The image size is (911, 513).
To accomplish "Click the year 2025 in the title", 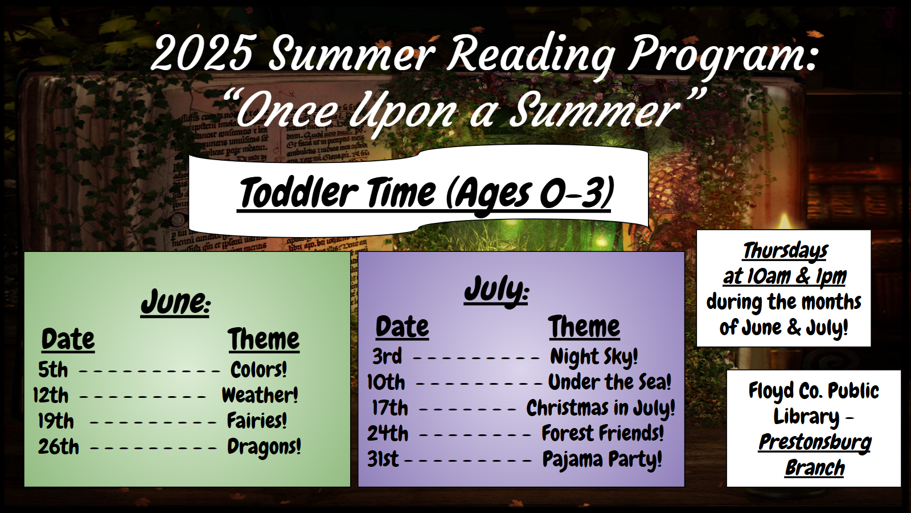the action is tap(201, 54).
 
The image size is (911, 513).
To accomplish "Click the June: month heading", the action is tap(175, 302).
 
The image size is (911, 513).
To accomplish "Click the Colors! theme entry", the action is tap(258, 370).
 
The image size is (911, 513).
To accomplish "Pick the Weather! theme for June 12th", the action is tap(260, 395).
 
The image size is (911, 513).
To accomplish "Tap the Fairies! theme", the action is tap(257, 421).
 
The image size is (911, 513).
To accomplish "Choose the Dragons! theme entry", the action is tap(264, 447).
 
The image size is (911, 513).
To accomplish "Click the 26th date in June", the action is tap(58, 447).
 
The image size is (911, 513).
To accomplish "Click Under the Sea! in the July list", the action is tap(610, 382).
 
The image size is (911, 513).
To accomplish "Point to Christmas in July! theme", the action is tap(601, 408).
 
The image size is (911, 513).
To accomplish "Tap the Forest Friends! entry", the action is tap(603, 433).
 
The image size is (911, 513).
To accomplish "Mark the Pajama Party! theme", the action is tap(602, 459).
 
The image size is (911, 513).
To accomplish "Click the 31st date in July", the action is tap(383, 459).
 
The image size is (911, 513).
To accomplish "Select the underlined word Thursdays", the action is tap(785, 251).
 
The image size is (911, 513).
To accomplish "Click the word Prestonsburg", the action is tap(815, 442).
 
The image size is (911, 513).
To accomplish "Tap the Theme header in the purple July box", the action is tap(584, 327).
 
